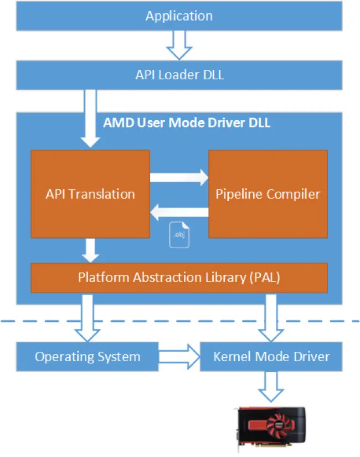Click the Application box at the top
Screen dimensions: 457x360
click(x=179, y=16)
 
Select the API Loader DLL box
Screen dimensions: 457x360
click(x=179, y=75)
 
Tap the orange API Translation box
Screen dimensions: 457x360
click(x=90, y=194)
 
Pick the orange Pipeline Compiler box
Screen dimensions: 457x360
click(x=268, y=194)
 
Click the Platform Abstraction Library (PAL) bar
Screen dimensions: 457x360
click(x=179, y=277)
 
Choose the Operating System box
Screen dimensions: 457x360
click(x=88, y=356)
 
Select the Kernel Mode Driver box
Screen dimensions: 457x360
click(x=271, y=356)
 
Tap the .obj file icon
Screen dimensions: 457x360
click(x=179, y=234)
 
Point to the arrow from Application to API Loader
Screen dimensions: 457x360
click(x=179, y=45)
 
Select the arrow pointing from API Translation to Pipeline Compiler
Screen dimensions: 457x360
click(x=178, y=178)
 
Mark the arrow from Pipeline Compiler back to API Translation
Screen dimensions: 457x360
click(x=178, y=211)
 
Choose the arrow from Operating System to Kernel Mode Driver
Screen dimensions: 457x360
click(x=178, y=356)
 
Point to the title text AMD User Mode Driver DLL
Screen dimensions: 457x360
click(x=187, y=123)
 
